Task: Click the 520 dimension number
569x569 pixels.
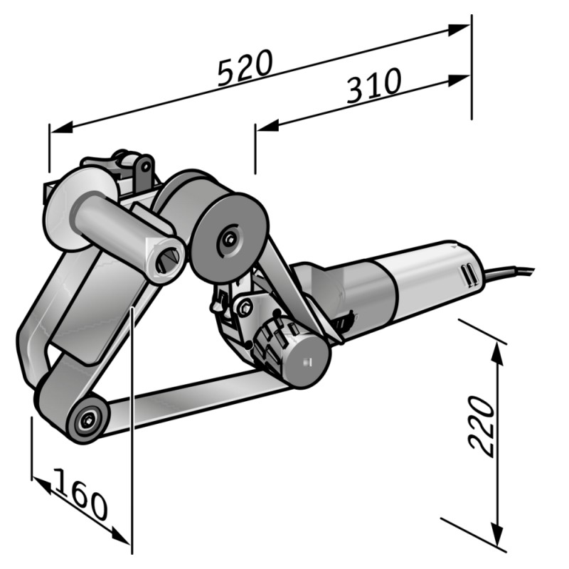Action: (245, 68)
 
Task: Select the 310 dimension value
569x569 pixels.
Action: (374, 85)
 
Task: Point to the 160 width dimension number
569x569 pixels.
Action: (81, 494)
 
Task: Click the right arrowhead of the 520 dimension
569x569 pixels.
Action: (459, 30)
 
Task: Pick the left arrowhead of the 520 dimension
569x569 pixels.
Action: (61, 127)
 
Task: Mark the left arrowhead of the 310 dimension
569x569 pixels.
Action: (267, 125)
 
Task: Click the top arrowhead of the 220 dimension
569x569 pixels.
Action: (496, 353)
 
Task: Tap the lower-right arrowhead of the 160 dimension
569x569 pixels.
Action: (120, 536)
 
